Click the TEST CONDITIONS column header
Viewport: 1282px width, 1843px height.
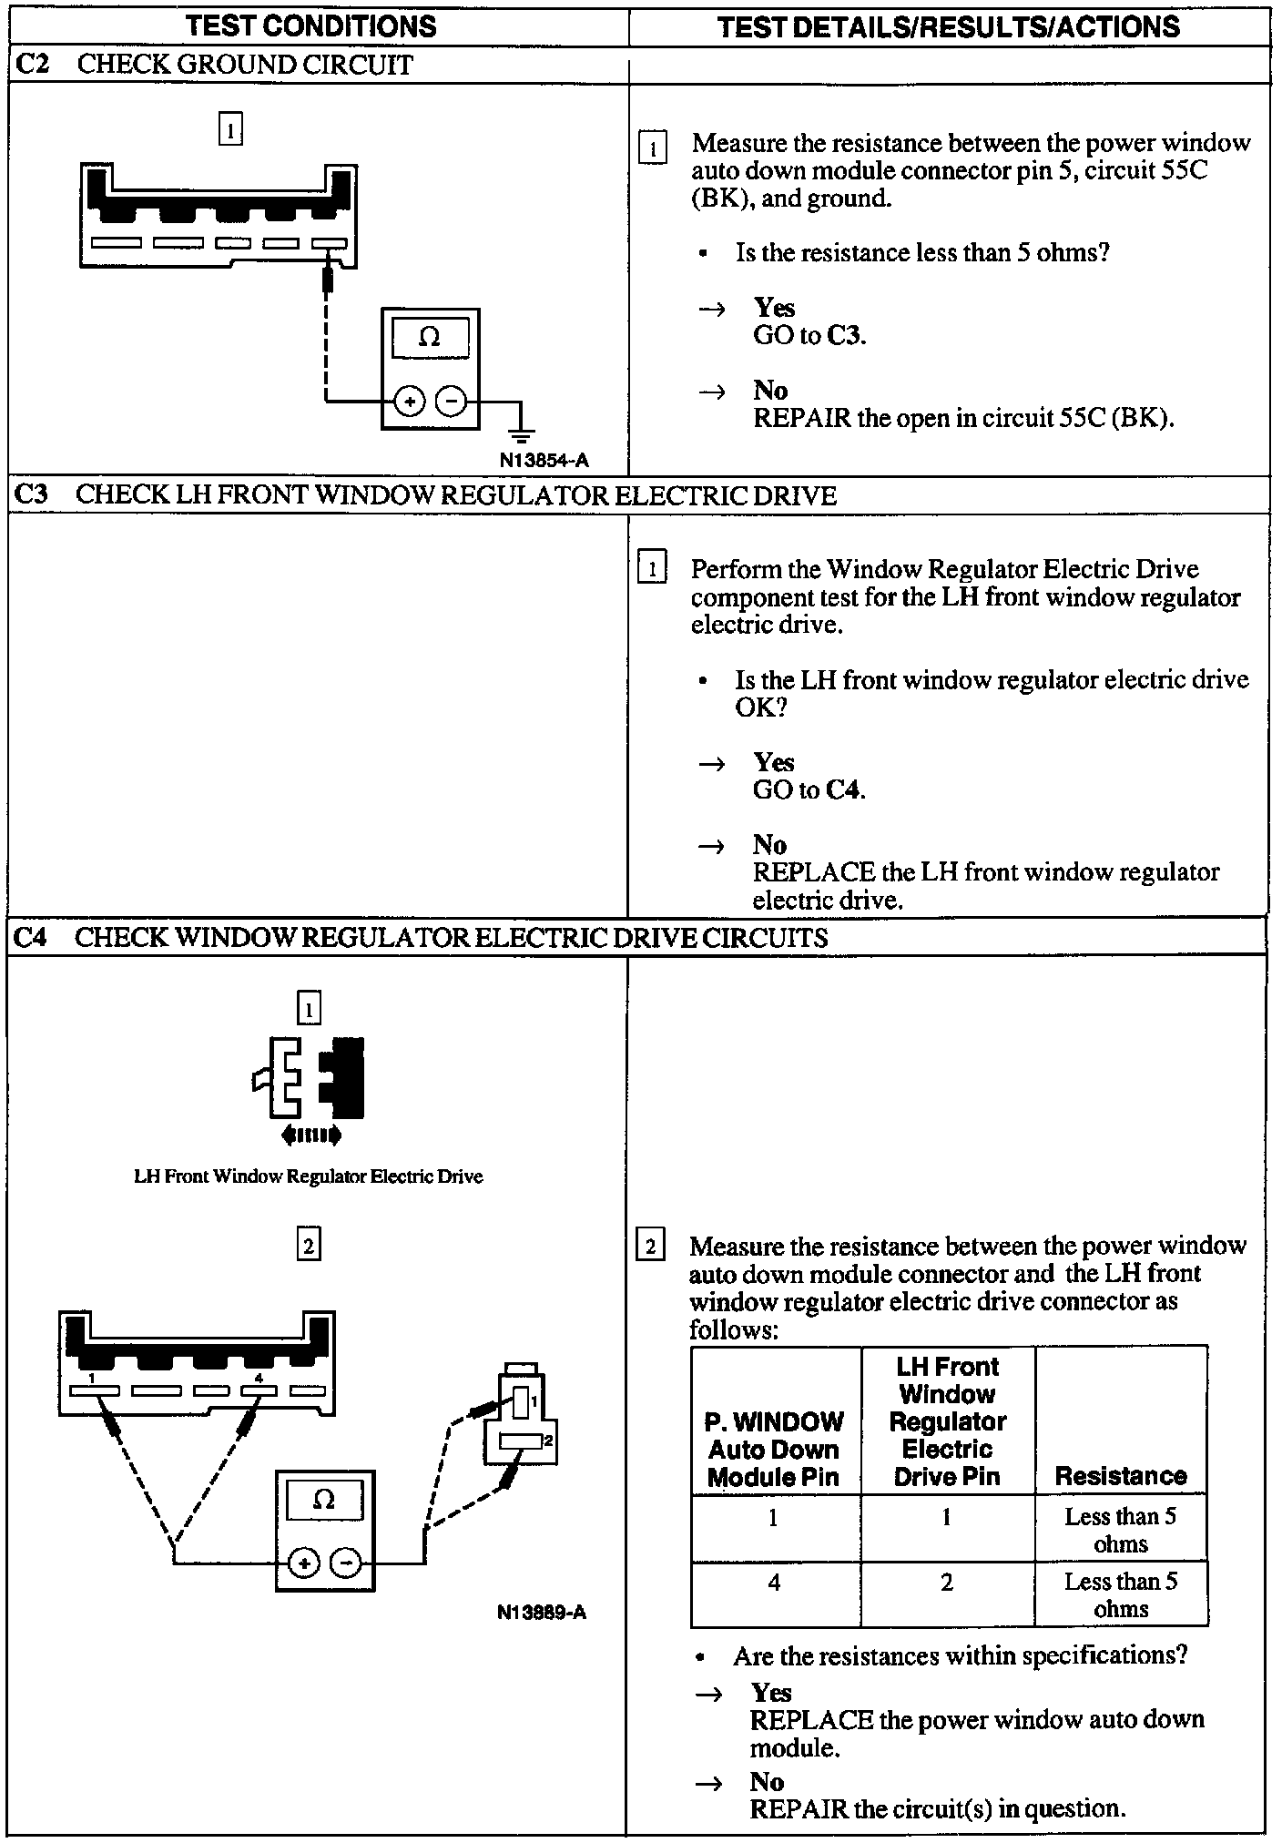311,26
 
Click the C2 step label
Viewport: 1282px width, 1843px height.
33,65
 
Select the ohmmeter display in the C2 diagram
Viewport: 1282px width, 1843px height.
430,339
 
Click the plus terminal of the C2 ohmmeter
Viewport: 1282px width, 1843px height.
410,401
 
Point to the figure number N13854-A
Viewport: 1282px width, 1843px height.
544,461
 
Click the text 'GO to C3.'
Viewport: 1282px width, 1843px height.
809,336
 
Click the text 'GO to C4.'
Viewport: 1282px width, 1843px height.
809,789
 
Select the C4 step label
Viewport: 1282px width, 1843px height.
32,937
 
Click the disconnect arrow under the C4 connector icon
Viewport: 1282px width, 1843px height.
311,1135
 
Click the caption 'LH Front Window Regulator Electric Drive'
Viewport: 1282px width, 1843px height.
308,1176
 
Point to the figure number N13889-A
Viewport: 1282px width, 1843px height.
542,1613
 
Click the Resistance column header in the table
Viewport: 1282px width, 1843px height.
1120,1476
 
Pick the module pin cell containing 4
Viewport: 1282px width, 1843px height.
774,1583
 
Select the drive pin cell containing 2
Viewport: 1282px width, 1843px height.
947,1583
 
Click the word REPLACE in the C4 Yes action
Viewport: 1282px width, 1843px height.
811,1720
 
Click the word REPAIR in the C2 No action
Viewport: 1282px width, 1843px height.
802,419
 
